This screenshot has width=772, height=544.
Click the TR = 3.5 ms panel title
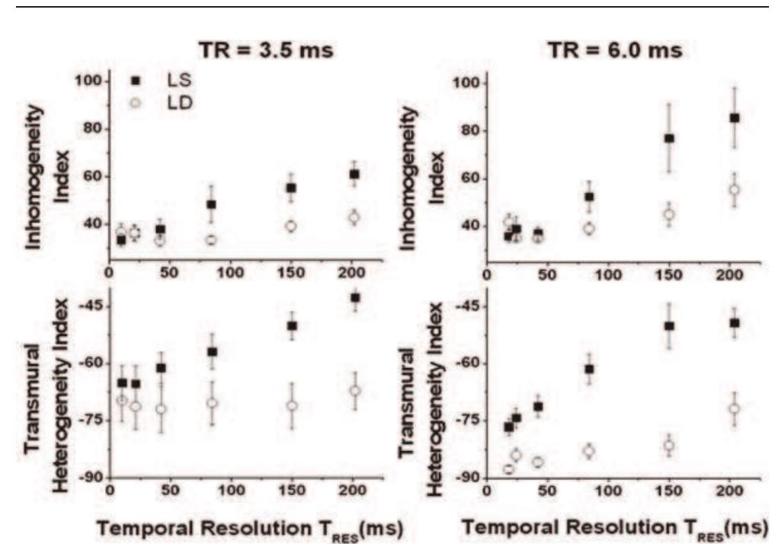coord(241,52)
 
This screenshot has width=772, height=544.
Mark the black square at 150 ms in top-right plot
coord(669,138)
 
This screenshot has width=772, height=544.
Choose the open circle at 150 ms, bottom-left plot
coord(290,405)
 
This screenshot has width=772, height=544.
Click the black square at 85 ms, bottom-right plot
coord(588,369)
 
